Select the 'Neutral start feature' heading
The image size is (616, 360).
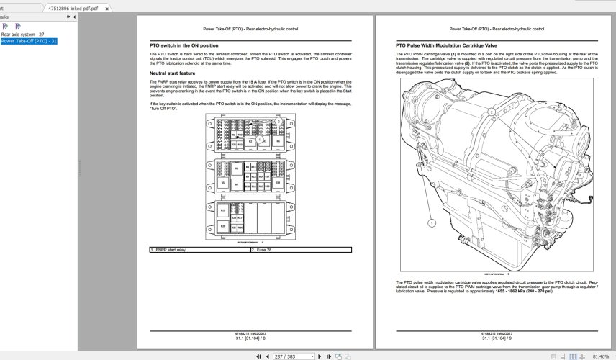click(x=172, y=73)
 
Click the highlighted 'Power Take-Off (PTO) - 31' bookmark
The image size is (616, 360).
click(x=29, y=41)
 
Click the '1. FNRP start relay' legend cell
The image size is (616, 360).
click(x=199, y=250)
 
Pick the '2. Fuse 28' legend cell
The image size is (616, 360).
click(x=301, y=250)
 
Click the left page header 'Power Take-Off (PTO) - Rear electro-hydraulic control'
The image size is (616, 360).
click(x=250, y=29)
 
